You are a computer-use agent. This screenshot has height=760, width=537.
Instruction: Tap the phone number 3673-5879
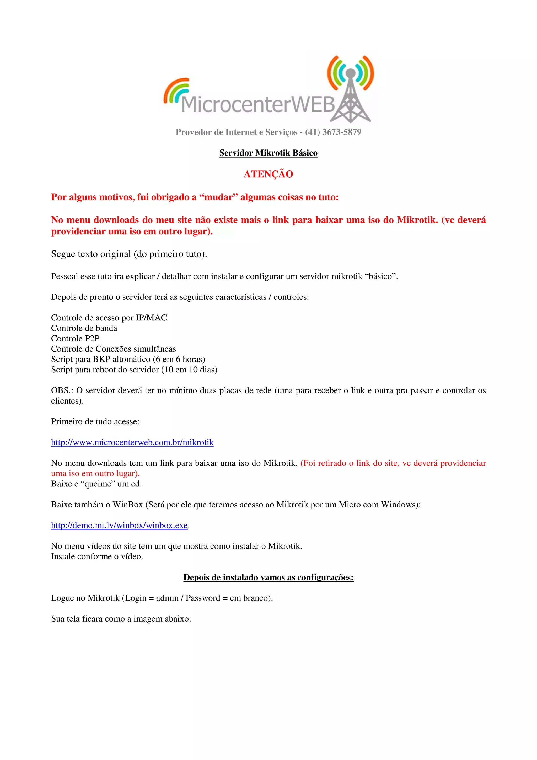tap(341, 132)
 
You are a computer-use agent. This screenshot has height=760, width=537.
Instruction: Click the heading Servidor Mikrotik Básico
tap(268, 153)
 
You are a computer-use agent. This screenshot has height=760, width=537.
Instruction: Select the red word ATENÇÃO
tap(268, 174)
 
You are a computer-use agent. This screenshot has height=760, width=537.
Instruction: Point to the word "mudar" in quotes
tap(218, 197)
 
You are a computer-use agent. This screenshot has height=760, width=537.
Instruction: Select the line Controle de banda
tap(84, 328)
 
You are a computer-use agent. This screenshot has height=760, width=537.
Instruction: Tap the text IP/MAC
tap(151, 318)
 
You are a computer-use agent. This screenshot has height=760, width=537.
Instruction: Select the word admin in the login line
tap(167, 598)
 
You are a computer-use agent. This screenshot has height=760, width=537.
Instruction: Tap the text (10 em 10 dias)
tap(189, 370)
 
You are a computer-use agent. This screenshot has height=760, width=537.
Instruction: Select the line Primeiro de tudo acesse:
tap(95, 421)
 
